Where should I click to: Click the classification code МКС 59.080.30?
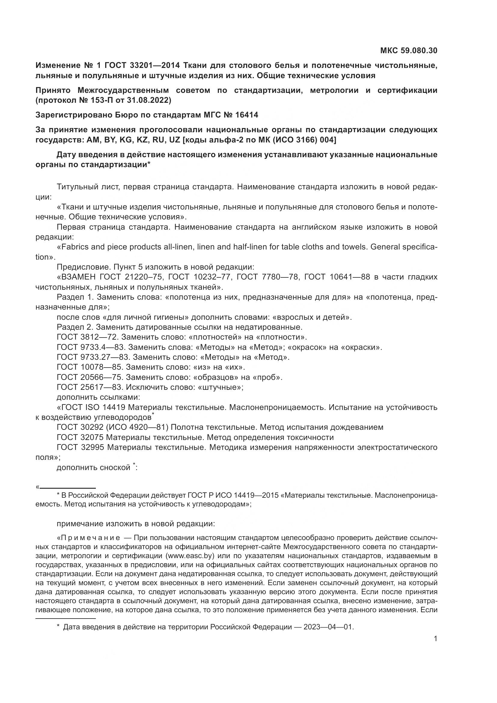click(409, 50)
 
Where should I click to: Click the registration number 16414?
click(247, 115)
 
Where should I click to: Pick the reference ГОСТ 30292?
click(80, 427)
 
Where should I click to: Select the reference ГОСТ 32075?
click(80, 438)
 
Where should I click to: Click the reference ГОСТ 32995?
click(80, 448)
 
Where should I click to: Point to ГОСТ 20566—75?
click(89, 377)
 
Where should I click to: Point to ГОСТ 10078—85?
click(89, 367)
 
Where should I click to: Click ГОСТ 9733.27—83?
click(93, 357)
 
